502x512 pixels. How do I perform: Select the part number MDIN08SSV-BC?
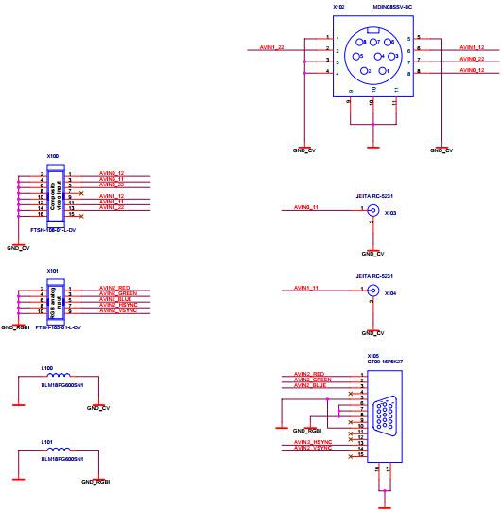[x=381, y=7]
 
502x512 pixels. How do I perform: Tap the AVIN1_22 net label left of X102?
[x=274, y=46]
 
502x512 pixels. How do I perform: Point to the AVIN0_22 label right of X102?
[x=471, y=59]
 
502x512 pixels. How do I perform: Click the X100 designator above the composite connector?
[x=52, y=155]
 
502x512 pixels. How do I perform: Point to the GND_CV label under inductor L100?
[x=98, y=407]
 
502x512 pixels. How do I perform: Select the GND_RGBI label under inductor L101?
[x=97, y=483]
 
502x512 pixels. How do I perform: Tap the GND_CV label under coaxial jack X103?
[x=373, y=253]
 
